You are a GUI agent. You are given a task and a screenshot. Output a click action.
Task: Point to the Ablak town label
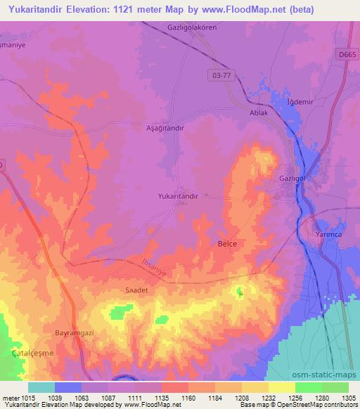[259, 112]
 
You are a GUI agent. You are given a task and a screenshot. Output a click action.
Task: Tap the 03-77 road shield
[222, 72]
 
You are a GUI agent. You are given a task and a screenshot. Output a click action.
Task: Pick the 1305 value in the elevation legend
[347, 397]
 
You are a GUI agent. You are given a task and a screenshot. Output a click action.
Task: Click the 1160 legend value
[188, 397]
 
